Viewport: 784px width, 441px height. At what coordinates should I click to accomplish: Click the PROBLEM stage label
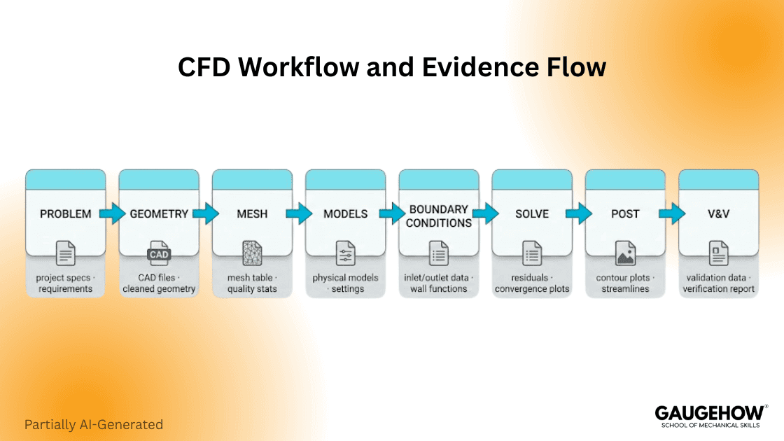tap(65, 213)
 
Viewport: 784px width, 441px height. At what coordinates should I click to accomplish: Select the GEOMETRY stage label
tap(159, 213)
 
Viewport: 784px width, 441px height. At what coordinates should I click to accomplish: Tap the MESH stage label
tap(252, 213)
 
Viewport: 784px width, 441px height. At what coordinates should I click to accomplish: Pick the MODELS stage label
tap(345, 213)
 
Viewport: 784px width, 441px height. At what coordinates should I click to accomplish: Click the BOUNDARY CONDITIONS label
tap(439, 216)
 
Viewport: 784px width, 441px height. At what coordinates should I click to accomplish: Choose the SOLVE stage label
tap(532, 213)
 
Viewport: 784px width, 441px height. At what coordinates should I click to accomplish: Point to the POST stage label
tap(625, 213)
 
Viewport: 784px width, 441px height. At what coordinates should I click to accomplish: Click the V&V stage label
tap(719, 213)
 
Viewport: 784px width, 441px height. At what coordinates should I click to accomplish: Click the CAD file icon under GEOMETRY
tap(159, 253)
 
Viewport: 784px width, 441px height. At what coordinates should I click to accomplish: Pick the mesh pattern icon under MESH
tap(252, 253)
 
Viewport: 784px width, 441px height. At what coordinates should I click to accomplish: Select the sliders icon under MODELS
tap(345, 253)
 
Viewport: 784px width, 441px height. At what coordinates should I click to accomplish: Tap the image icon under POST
tap(625, 253)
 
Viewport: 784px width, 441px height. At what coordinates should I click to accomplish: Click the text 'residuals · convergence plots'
tap(532, 283)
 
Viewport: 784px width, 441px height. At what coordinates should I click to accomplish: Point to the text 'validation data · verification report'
tap(719, 283)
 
